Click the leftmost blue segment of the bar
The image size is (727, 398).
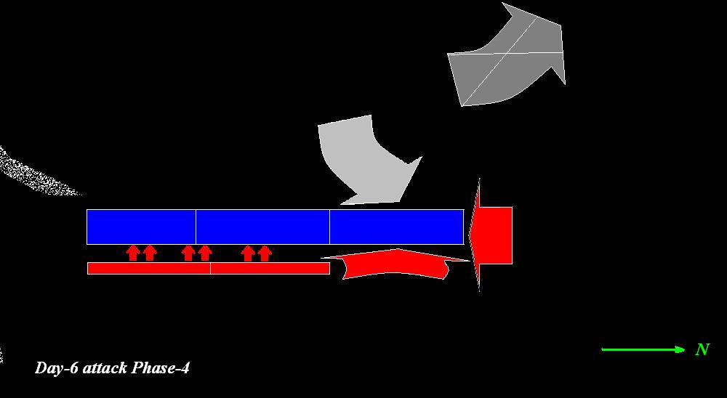click(x=141, y=227)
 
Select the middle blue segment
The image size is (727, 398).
click(x=262, y=227)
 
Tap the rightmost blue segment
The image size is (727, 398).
click(x=396, y=227)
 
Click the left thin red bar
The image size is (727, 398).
click(x=148, y=269)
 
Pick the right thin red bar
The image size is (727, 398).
click(x=270, y=269)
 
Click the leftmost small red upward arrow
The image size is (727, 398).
click(x=133, y=253)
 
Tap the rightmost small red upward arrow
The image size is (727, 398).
click(x=265, y=253)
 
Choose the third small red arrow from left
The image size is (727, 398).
click(x=188, y=253)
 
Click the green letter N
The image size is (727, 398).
click(x=702, y=350)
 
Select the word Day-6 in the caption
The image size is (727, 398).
click(x=57, y=368)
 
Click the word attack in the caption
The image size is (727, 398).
click(x=105, y=368)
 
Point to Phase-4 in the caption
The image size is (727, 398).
click(x=161, y=368)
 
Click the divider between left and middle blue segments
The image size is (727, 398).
click(x=196, y=227)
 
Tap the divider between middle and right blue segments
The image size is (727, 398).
click(x=329, y=227)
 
